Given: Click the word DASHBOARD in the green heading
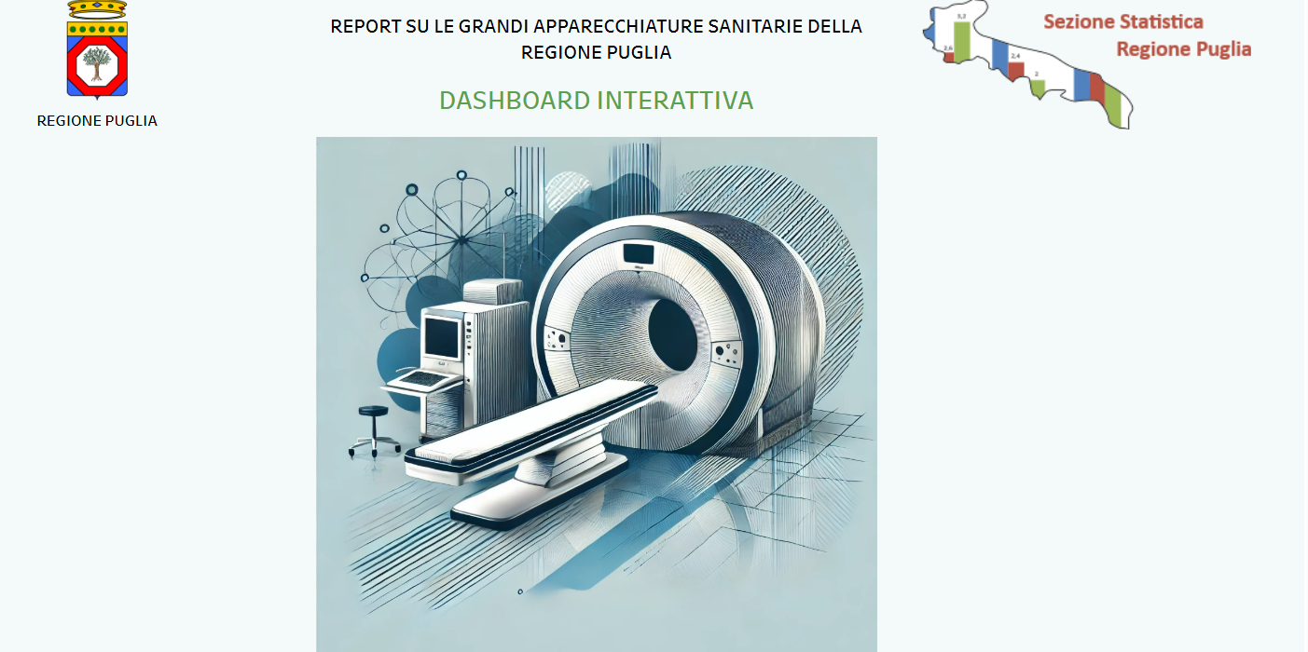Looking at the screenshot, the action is coord(515,101).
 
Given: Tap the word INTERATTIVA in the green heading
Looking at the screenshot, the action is coord(675,101).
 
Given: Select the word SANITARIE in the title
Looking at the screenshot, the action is coord(754,26).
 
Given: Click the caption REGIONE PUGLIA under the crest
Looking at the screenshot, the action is coord(97,121).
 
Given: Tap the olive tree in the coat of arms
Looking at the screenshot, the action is coord(97,63).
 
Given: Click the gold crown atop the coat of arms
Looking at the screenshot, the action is coord(97,9).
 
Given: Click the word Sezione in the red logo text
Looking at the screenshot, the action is coord(1079,21).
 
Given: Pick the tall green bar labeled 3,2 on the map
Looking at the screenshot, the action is coord(962,41).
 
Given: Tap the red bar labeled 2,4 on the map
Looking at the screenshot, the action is coord(1016,70).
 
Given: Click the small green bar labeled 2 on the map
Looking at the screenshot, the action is coord(1038,88).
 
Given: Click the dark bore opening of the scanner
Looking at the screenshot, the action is coord(673,334).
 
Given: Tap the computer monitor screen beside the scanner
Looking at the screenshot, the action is coord(442,338).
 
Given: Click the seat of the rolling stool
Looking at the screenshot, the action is coord(373,411).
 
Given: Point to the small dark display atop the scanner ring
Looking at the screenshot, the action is coord(639,254).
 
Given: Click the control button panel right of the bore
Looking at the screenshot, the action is coord(727,353).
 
